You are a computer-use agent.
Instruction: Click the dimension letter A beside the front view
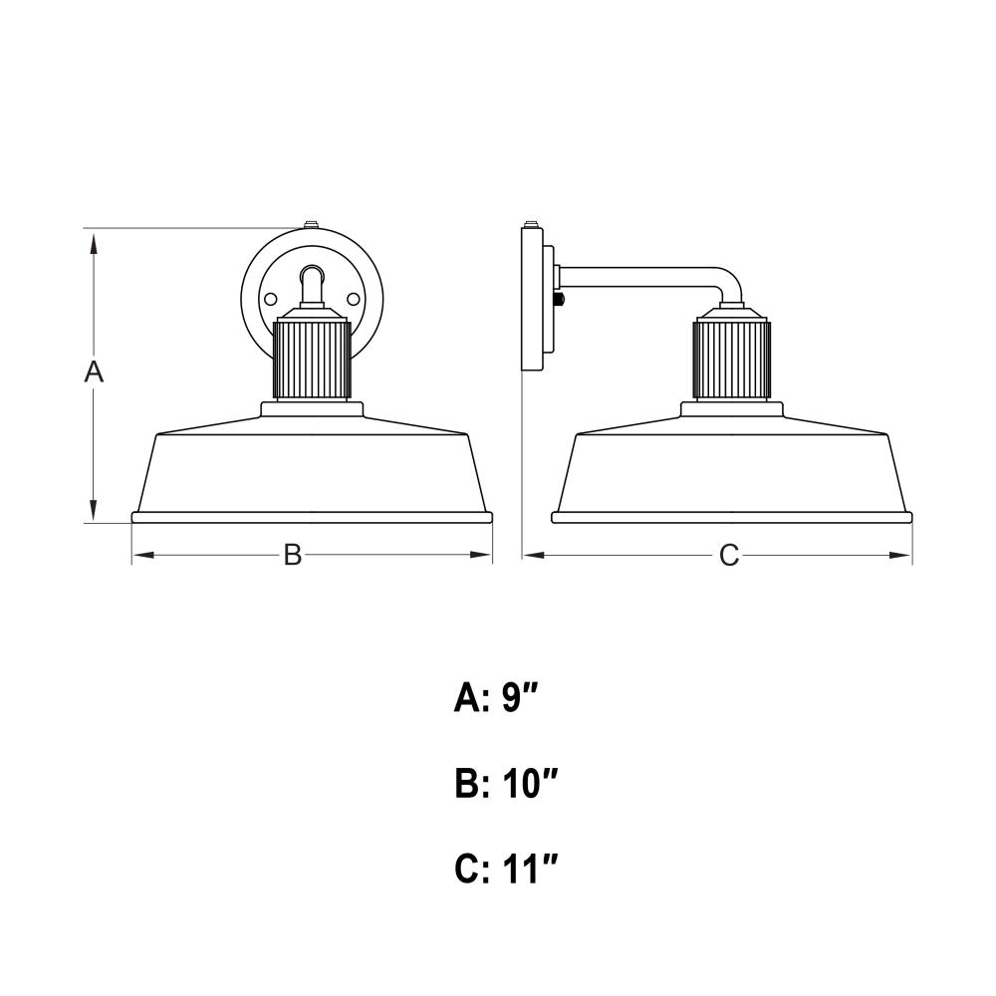(x=94, y=372)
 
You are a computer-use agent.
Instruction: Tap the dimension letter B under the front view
(x=292, y=555)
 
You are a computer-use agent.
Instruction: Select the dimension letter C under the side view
(x=729, y=555)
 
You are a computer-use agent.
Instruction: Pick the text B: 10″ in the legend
(x=506, y=784)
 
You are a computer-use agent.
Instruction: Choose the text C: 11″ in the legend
(x=506, y=869)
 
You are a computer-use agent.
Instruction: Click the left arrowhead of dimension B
(x=143, y=555)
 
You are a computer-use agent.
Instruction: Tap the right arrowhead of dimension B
(x=481, y=555)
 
